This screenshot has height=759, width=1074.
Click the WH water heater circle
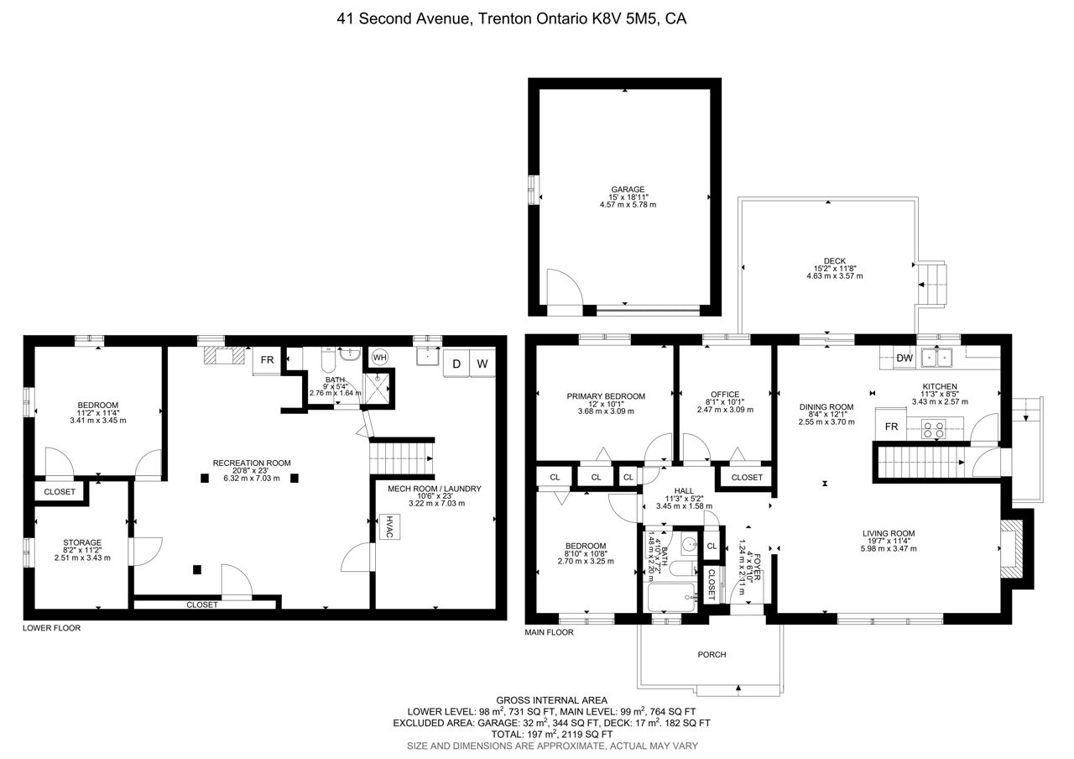point(380,358)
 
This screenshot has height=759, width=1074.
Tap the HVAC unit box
point(390,526)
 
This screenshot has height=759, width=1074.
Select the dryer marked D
point(456,364)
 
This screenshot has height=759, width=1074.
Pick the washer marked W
point(482,364)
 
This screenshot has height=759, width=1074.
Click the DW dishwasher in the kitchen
point(905,358)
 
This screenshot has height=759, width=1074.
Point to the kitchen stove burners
point(934,429)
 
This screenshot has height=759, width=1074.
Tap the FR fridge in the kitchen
point(891,427)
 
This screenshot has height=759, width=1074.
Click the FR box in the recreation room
point(267,360)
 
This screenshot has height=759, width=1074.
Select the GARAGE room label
point(628,190)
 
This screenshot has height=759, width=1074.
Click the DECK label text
point(835,261)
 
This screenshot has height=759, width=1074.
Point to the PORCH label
point(712,654)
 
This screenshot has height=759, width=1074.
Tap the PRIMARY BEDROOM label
point(606,396)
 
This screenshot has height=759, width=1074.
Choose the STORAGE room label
point(82,542)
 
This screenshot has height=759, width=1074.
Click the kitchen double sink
point(936,358)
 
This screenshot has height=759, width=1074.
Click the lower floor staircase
point(402,458)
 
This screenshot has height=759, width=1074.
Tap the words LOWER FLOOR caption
point(52,628)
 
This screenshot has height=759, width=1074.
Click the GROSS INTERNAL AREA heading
point(552,700)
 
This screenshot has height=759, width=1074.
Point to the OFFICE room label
point(725,395)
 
